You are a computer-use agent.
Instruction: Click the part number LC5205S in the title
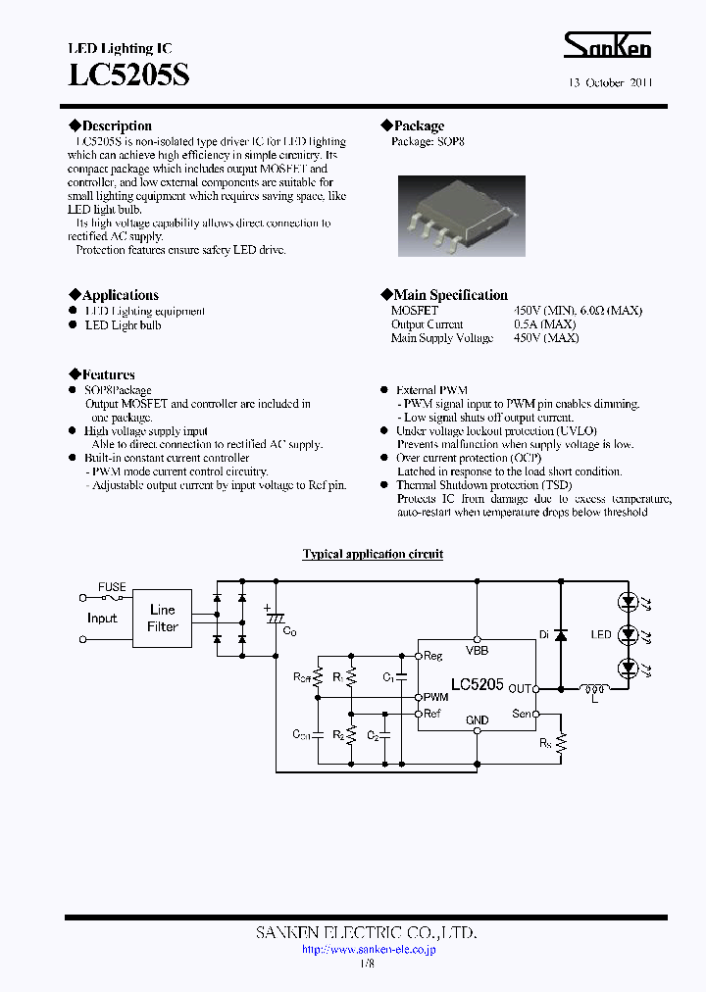click(x=127, y=75)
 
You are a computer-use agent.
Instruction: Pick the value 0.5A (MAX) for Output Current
click(x=544, y=324)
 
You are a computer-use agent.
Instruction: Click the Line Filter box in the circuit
click(x=163, y=618)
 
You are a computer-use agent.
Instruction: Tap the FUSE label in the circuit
click(x=112, y=587)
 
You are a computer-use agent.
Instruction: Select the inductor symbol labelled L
click(x=592, y=688)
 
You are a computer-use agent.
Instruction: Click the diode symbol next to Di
click(x=560, y=635)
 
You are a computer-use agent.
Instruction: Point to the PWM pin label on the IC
click(x=435, y=697)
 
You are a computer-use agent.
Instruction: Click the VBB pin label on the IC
click(x=477, y=650)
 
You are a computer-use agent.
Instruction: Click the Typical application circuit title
click(x=373, y=554)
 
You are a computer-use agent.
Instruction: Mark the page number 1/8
click(x=367, y=964)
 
